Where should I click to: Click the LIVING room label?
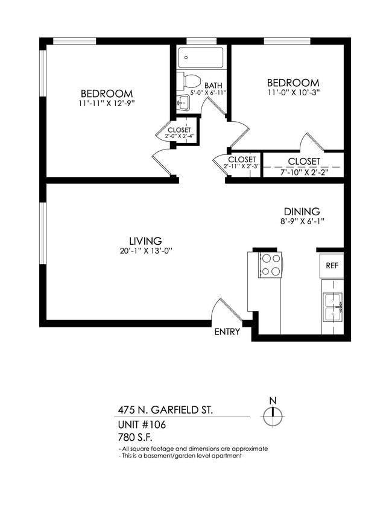(145, 241)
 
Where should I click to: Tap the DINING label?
(302, 212)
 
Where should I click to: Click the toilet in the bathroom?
(191, 80)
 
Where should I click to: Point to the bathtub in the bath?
(202, 59)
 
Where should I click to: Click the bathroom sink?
(183, 103)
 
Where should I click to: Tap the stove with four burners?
(270, 265)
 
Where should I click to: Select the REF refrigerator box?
(332, 265)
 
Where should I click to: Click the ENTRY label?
(227, 332)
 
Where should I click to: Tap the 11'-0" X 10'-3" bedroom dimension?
(293, 92)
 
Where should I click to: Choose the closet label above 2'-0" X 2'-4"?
(179, 130)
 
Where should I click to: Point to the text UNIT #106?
(142, 424)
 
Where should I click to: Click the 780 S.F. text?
(136, 437)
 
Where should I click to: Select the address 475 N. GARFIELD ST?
(165, 410)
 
